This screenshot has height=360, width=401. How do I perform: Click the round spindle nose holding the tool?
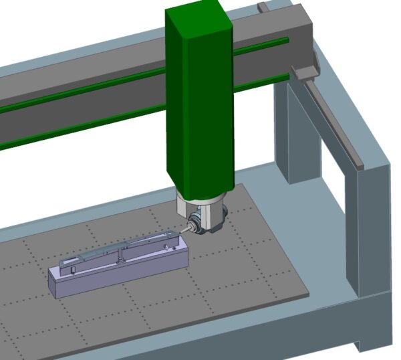pos(194,224)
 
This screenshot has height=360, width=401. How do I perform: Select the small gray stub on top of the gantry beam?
pos(263,7)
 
